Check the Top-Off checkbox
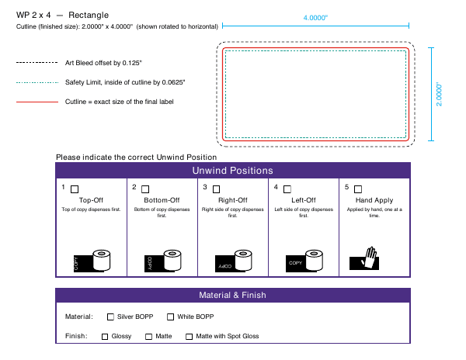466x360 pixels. click(x=75, y=189)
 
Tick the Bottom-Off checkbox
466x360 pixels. click(x=145, y=189)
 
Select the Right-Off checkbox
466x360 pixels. click(x=217, y=189)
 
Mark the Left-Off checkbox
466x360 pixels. click(x=287, y=189)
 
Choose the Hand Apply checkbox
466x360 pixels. click(x=358, y=189)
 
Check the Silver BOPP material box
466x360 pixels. click(x=110, y=317)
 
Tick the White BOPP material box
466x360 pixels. click(x=170, y=317)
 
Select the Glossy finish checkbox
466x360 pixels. click(x=105, y=337)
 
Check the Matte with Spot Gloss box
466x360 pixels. click(x=189, y=337)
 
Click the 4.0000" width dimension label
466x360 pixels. click(x=315, y=18)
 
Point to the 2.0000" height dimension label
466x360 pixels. click(x=439, y=95)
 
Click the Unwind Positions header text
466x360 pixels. click(x=233, y=171)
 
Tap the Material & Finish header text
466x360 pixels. click(x=233, y=295)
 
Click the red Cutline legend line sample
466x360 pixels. click(x=37, y=102)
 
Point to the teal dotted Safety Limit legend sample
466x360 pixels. click(x=37, y=82)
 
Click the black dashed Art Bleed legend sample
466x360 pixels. click(x=37, y=63)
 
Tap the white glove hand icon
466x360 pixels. click(x=369, y=258)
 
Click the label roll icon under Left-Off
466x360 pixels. click(x=304, y=261)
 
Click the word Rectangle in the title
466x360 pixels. click(x=89, y=16)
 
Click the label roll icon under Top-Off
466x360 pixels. click(x=92, y=261)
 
